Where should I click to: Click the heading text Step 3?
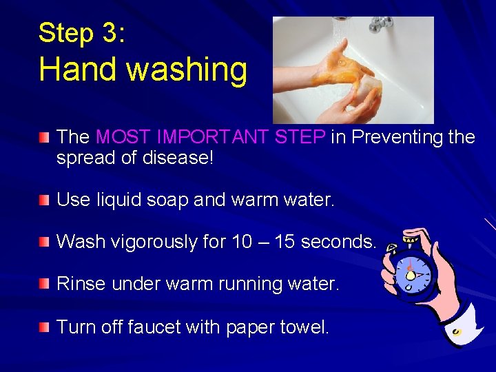click(81, 33)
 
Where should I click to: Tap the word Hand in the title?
click(72, 70)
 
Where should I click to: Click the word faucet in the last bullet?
click(154, 327)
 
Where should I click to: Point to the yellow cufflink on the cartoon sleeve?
click(456, 332)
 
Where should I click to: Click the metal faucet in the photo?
click(380, 25)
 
